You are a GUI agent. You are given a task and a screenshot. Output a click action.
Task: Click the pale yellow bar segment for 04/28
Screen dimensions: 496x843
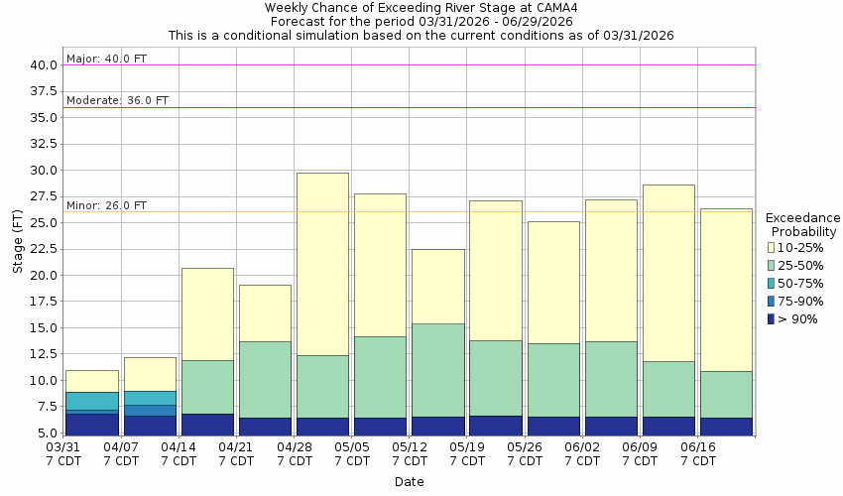pyautogui.click(x=322, y=264)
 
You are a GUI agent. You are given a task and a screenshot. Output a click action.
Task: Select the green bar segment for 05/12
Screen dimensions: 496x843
pyautogui.click(x=437, y=370)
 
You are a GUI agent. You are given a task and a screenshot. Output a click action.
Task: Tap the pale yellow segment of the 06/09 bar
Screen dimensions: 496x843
pyautogui.click(x=667, y=273)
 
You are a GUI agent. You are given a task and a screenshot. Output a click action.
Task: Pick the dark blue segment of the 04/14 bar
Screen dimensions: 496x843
pyautogui.click(x=207, y=424)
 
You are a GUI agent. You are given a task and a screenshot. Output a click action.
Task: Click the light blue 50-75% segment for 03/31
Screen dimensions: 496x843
pyautogui.click(x=92, y=401)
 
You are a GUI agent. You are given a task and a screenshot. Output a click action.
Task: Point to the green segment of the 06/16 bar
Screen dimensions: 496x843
pyautogui.click(x=726, y=395)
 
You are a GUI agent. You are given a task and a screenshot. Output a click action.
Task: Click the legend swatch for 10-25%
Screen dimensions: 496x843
pyautogui.click(x=772, y=248)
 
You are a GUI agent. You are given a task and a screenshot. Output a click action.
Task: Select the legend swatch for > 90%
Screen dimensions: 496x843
pyautogui.click(x=772, y=319)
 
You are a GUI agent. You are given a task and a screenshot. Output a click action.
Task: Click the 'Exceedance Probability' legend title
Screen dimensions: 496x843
pyautogui.click(x=803, y=225)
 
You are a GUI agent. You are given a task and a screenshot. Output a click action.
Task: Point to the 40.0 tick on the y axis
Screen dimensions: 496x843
pyautogui.click(x=43, y=65)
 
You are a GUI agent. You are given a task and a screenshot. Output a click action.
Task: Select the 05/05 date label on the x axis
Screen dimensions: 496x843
pyautogui.click(x=351, y=448)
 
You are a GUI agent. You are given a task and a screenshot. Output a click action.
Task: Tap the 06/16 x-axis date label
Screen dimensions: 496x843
pyautogui.click(x=697, y=448)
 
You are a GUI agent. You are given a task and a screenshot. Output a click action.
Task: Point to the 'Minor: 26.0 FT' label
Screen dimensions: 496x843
pyautogui.click(x=106, y=206)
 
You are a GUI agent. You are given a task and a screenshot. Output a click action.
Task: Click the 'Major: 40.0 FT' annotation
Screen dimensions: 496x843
pyautogui.click(x=106, y=60)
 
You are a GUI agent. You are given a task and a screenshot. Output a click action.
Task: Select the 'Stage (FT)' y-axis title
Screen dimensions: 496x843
pyautogui.click(x=18, y=249)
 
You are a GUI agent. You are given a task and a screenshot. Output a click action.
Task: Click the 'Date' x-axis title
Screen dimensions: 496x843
pyautogui.click(x=409, y=482)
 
